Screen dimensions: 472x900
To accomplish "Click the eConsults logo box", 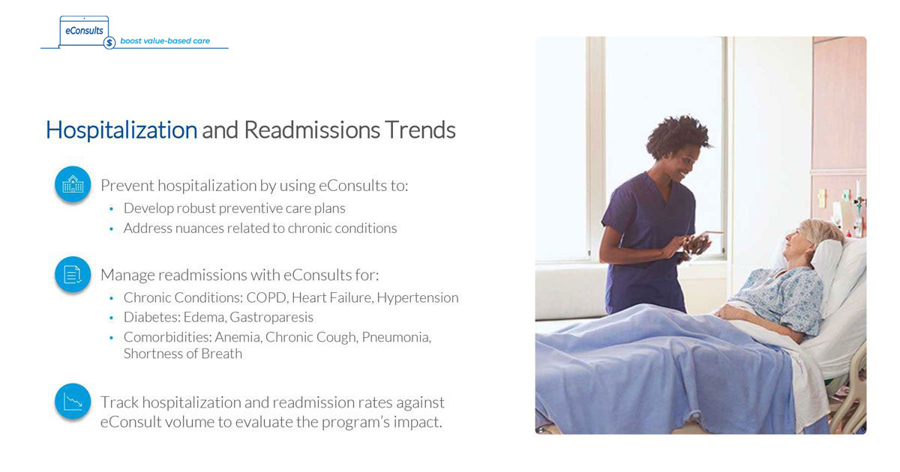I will (x=84, y=31).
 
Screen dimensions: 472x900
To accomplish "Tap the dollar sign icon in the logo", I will (x=110, y=43).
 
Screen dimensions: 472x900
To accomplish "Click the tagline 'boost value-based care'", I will (x=165, y=41).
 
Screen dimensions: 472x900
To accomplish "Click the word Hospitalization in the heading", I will (x=121, y=130).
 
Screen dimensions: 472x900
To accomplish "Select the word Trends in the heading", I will (x=420, y=130).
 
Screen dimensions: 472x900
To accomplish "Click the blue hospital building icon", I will (x=73, y=184).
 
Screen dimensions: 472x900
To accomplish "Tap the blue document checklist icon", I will (x=73, y=274).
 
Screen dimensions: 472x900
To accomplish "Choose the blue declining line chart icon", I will (x=73, y=402).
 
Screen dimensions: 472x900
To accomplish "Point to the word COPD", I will (x=266, y=297).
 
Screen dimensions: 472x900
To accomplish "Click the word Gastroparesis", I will (x=271, y=317).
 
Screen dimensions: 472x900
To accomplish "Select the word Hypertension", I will (x=417, y=297).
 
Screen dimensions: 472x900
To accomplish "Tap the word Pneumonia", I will (x=396, y=337).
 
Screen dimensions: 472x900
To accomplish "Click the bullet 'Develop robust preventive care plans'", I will (x=234, y=208).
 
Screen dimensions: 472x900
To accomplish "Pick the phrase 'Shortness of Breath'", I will (x=182, y=354).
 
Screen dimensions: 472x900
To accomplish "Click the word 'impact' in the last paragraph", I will (x=416, y=422).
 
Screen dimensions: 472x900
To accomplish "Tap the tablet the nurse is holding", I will (x=697, y=243).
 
